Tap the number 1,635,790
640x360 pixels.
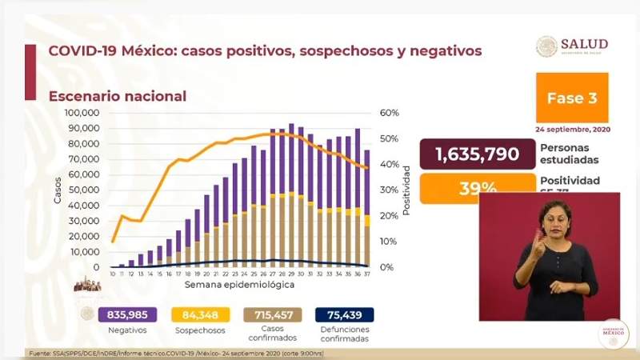(x=477, y=154)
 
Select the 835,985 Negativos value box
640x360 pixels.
(x=127, y=314)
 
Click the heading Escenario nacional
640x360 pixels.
(x=117, y=96)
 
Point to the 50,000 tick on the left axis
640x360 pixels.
(x=84, y=190)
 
